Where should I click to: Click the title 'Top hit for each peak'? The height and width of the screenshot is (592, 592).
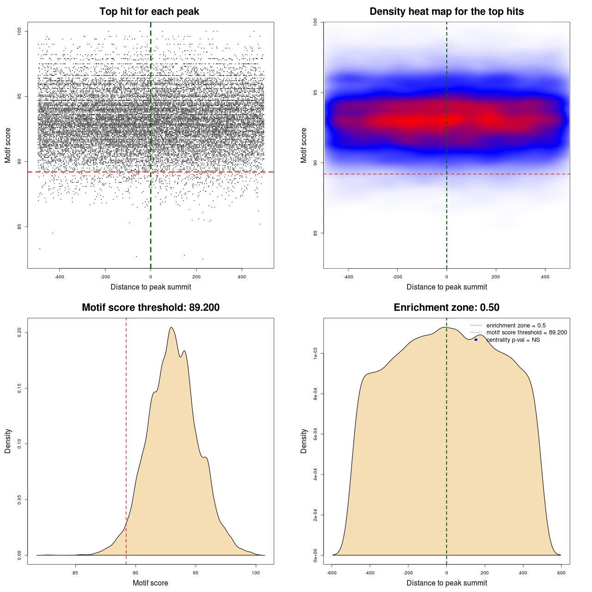coord(149,12)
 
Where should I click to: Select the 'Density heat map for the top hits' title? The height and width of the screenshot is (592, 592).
coord(446,12)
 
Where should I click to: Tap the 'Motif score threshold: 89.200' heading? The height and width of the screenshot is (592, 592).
coord(150,308)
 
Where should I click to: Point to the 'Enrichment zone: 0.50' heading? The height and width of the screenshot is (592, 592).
coord(446,308)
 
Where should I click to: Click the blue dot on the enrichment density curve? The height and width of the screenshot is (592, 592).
coord(476,340)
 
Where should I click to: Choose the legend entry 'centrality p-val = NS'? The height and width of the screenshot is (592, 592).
coord(513,340)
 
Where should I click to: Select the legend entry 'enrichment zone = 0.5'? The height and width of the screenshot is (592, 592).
coord(516,326)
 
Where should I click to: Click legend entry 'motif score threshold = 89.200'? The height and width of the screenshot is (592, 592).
coord(526,333)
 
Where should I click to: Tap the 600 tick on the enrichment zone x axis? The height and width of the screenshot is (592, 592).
coord(561,573)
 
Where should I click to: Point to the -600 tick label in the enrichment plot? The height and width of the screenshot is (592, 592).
coord(332,573)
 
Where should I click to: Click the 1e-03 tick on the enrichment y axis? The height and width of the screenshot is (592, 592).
coord(315,354)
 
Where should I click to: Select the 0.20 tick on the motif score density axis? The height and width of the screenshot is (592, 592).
coord(19,333)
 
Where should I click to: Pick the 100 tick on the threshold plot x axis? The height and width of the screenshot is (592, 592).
coord(256,573)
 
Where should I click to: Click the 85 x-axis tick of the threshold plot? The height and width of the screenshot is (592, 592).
coord(75,573)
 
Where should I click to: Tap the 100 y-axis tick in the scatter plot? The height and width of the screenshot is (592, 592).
coord(19,31)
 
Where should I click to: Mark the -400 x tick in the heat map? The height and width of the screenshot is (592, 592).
coord(348,277)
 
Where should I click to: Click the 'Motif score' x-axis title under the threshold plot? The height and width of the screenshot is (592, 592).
coord(150,583)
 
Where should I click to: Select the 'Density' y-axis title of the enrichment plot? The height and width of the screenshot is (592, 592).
coord(304,441)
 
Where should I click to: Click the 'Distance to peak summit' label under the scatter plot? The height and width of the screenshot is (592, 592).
coord(151,287)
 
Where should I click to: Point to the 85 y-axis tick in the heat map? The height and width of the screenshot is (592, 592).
coord(315,233)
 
